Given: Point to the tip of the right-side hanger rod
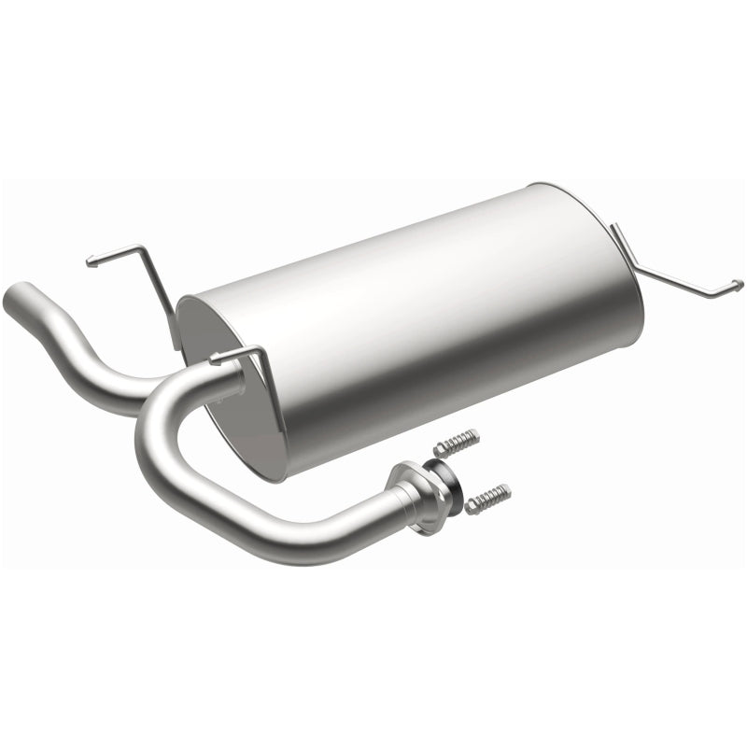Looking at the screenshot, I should pyautogui.click(x=740, y=285).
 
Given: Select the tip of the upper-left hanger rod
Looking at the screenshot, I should pyautogui.click(x=89, y=262).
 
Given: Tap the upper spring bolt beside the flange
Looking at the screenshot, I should pyautogui.click(x=457, y=442).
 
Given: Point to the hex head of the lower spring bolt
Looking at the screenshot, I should pyautogui.click(x=471, y=507).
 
